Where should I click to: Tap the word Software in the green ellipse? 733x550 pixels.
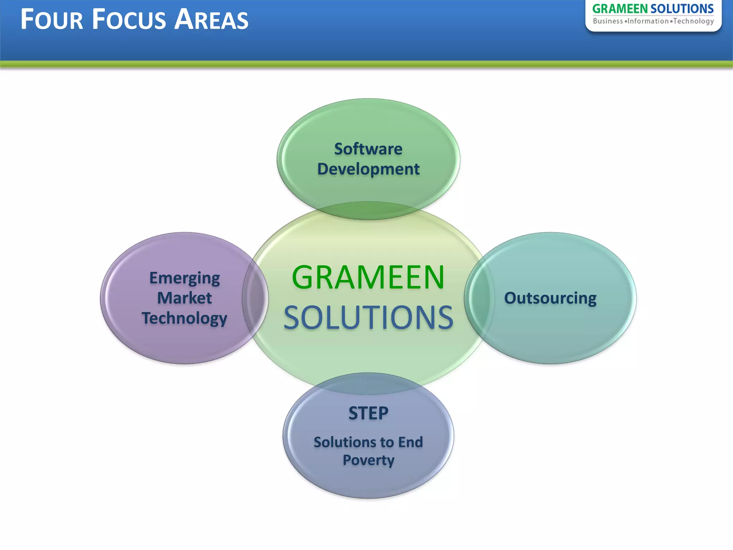tap(368, 149)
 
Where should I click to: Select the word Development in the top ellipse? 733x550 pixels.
tap(368, 169)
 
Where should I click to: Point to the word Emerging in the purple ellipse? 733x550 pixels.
tap(184, 278)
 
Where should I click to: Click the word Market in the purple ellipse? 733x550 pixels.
tap(184, 298)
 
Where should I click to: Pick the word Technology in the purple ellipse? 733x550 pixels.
tap(184, 318)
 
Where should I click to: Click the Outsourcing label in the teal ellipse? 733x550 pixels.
tap(550, 298)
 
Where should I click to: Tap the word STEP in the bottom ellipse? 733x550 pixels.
tap(368, 413)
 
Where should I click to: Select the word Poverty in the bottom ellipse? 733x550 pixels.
tap(368, 460)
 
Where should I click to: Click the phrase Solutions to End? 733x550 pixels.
tap(368, 442)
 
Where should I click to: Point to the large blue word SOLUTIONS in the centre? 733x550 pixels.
tap(368, 318)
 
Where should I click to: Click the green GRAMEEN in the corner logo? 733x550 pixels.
tap(620, 9)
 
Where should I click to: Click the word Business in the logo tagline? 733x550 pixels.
tap(608, 21)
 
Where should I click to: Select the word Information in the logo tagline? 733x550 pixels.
tap(648, 21)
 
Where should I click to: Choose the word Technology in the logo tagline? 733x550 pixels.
tap(693, 21)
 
